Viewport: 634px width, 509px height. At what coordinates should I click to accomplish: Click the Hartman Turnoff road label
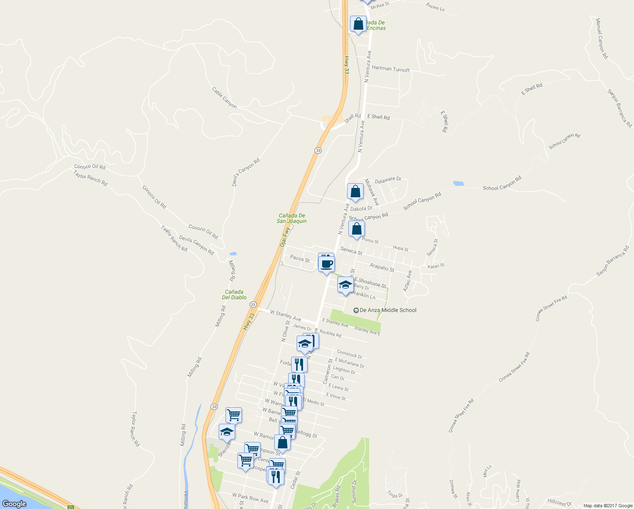click(x=390, y=69)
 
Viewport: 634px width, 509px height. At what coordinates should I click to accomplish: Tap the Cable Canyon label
click(x=224, y=98)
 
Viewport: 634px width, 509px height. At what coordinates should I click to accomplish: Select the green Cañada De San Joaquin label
click(x=292, y=218)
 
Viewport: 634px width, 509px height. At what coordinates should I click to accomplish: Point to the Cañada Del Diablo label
click(x=234, y=294)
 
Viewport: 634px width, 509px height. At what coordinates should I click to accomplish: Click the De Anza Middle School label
click(x=388, y=310)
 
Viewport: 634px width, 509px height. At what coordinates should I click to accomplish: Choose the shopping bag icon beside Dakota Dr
click(x=355, y=192)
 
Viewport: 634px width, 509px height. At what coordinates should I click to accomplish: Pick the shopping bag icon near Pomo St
click(x=357, y=229)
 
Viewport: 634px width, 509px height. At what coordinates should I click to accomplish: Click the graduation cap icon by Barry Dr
click(x=345, y=285)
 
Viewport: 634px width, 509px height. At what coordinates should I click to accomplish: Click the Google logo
click(x=14, y=504)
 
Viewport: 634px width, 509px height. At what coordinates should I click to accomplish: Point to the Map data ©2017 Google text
click(x=608, y=506)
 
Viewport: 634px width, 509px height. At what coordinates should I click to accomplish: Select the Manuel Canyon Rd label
click(x=602, y=38)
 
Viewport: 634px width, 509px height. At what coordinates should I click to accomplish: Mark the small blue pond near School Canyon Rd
click(x=458, y=184)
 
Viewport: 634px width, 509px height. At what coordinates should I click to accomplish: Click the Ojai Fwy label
click(x=285, y=237)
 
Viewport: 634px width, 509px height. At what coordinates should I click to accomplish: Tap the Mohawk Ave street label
click(x=372, y=192)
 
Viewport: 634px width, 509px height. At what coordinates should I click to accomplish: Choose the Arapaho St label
click(x=382, y=267)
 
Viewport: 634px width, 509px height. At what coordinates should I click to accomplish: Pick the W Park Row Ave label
click(x=250, y=498)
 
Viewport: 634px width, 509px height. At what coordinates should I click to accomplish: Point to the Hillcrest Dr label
click(x=559, y=503)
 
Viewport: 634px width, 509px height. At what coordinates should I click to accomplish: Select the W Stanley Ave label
click(x=285, y=316)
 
